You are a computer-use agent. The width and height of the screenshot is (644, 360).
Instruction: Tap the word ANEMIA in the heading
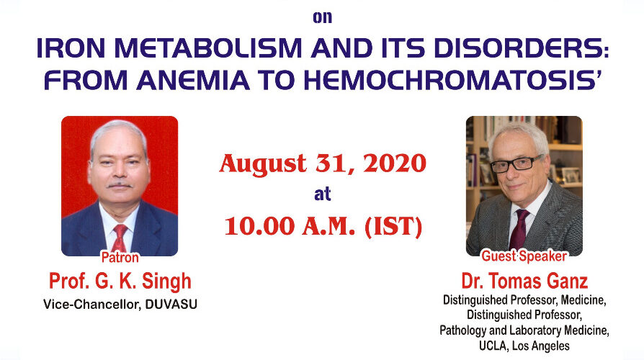click(193, 81)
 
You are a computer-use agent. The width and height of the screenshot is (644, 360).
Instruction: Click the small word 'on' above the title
click(323, 17)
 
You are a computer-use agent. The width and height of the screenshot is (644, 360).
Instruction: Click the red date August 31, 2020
click(323, 163)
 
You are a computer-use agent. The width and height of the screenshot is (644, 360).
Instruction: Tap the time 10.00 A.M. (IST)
click(323, 226)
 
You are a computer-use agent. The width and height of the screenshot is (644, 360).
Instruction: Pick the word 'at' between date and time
click(323, 194)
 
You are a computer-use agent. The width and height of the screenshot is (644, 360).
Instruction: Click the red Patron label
click(120, 257)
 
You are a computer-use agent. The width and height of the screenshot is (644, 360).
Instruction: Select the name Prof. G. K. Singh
click(120, 282)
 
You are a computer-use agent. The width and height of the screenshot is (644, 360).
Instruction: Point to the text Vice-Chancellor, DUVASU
click(120, 304)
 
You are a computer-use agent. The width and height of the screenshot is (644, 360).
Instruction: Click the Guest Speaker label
click(524, 256)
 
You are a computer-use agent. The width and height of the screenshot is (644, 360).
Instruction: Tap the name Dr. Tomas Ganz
click(524, 282)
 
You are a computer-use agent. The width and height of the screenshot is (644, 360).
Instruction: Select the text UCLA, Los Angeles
click(524, 346)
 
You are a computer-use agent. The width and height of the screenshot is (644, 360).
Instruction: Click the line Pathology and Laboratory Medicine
click(524, 330)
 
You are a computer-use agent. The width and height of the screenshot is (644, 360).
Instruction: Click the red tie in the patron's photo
click(120, 238)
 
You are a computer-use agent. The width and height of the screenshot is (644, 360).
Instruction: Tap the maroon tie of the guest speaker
click(519, 229)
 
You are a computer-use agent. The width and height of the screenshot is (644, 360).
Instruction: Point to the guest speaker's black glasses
click(516, 163)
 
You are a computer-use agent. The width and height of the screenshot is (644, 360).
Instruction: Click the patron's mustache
click(120, 185)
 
